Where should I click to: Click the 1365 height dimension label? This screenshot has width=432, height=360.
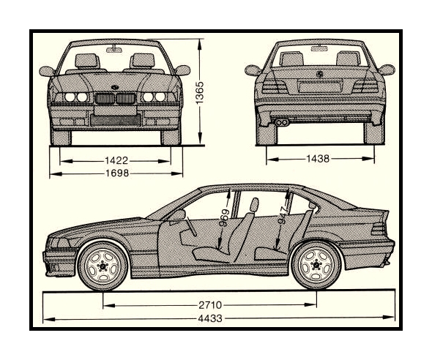[x=199, y=93]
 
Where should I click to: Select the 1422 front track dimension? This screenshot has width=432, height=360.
[x=116, y=160]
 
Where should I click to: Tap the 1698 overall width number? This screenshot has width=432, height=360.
[x=117, y=173]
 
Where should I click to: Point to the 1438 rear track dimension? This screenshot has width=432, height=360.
[x=318, y=159]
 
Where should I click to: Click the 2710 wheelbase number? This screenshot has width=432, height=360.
[x=210, y=305]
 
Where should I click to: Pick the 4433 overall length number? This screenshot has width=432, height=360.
[x=210, y=318]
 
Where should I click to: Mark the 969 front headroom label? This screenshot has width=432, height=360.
[x=226, y=217]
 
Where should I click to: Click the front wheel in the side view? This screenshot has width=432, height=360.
[x=103, y=266]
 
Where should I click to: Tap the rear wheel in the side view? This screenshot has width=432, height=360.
[x=316, y=265]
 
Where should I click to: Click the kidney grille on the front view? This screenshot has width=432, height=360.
[x=116, y=99]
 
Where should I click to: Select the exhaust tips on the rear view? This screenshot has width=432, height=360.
[x=282, y=122]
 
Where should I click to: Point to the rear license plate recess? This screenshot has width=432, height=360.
[x=320, y=86]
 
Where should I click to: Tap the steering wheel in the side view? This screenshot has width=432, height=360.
[x=190, y=226]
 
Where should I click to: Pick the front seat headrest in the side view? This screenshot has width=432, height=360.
[x=254, y=205]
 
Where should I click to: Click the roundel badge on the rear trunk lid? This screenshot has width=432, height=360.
[x=320, y=74]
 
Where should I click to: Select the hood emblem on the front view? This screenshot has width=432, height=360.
[x=115, y=88]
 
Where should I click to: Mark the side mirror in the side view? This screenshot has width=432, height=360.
[x=179, y=214]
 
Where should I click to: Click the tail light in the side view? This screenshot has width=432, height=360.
[x=379, y=228]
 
